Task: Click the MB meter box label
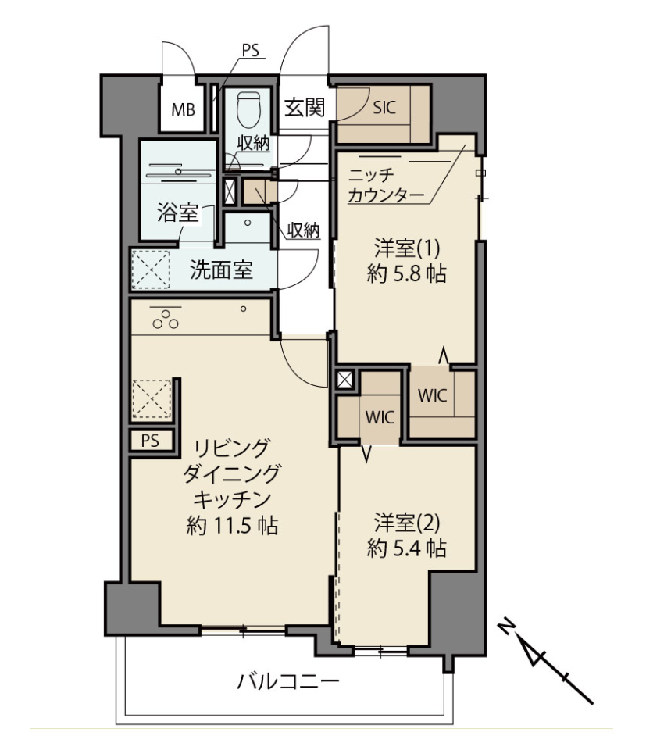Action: pos(183,110)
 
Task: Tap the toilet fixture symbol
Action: pos(248,109)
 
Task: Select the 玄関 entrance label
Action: pos(305,107)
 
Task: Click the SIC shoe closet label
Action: pos(384,107)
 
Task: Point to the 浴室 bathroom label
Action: pos(177,212)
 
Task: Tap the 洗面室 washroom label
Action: pos(221,270)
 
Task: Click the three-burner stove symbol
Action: pos(166,319)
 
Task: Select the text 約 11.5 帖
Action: pos(232,526)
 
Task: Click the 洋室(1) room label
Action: pos(406,248)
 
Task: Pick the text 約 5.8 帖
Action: pos(406,274)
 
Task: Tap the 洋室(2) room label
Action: pos(406,523)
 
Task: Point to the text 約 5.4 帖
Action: pos(406,548)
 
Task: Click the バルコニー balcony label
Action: pos(288,680)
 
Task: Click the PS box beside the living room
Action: pos(151,440)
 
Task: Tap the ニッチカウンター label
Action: pos(386,186)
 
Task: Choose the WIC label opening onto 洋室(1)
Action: pos(432,395)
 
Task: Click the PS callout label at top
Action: pos(251,50)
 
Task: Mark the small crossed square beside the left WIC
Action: pos(344,380)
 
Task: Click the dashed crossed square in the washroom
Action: pos(151,270)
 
